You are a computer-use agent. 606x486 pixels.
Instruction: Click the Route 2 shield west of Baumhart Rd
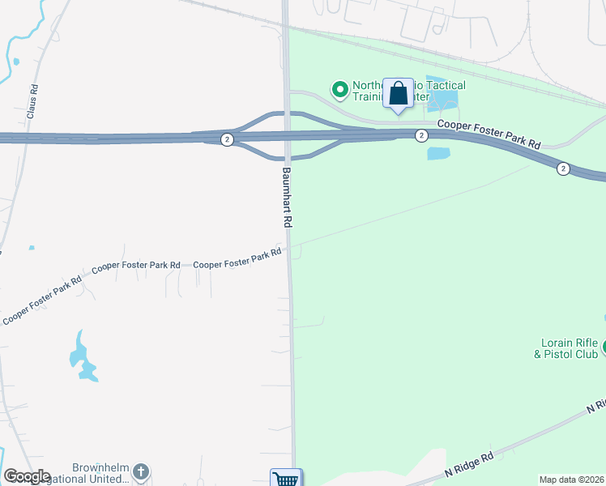pos(227,140)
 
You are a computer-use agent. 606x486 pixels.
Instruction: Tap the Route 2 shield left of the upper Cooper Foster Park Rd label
pos(421,135)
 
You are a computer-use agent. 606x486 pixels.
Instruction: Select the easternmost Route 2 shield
pos(562,168)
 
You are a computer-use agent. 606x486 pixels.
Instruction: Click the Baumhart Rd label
pos(287,197)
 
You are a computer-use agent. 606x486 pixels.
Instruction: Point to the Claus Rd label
pos(32,102)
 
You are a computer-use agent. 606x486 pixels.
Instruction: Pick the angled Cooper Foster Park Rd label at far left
pos(42,301)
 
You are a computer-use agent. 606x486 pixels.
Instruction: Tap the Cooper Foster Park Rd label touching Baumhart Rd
pos(237,258)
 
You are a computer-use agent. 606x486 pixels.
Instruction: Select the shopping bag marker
pos(398,94)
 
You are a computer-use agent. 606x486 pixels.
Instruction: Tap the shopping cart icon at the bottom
pos(285,479)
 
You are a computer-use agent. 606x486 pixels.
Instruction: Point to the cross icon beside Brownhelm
pos(142,471)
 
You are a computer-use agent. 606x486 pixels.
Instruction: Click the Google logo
pos(26,476)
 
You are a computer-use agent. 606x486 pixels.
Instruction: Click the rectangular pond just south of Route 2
pos(437,154)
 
